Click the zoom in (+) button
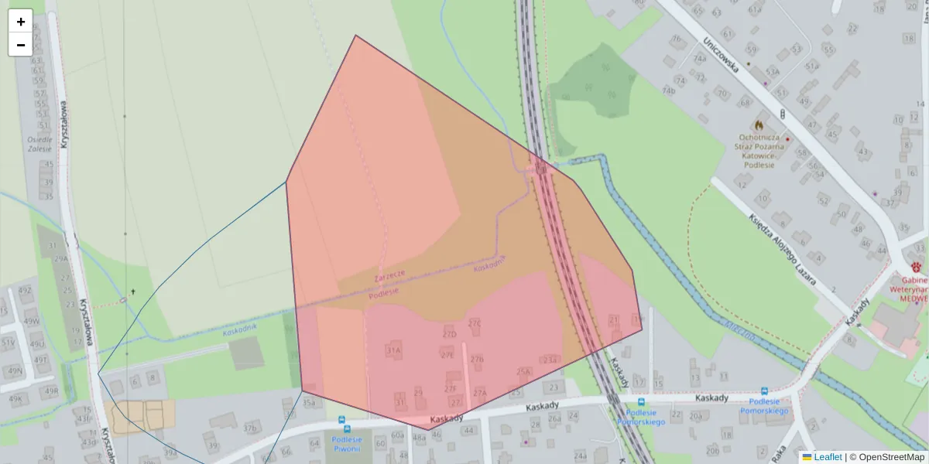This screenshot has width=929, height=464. pyautogui.click(x=20, y=22)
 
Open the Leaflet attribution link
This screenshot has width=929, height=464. pyautogui.click(x=827, y=457)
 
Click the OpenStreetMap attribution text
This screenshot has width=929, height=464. pyautogui.click(x=891, y=457)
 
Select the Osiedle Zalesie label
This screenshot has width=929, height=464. pyautogui.click(x=39, y=144)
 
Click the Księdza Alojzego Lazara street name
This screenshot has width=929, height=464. pyautogui.click(x=782, y=240)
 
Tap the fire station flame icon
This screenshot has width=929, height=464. pyautogui.click(x=759, y=125)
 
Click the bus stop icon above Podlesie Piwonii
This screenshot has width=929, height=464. pyautogui.click(x=343, y=420)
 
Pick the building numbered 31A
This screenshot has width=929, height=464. pyautogui.click(x=393, y=350)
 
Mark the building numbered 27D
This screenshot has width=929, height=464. pyautogui.click(x=449, y=334)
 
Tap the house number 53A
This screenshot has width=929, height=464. pyautogui.click(x=772, y=72)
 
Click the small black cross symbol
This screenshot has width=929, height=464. pyautogui.click(x=133, y=292)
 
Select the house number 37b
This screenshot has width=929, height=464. pyautogui.click(x=249, y=428)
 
